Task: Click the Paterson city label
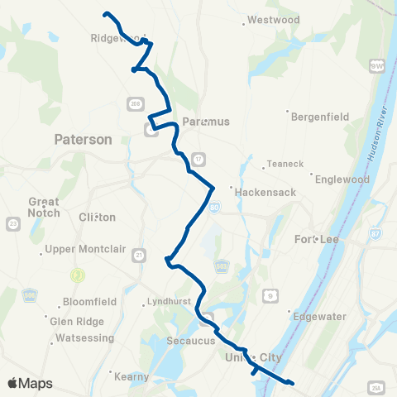(82, 140)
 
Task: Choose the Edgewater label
(319, 314)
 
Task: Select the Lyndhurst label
(168, 301)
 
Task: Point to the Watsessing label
(86, 340)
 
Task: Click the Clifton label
(97, 217)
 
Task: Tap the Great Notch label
(44, 207)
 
